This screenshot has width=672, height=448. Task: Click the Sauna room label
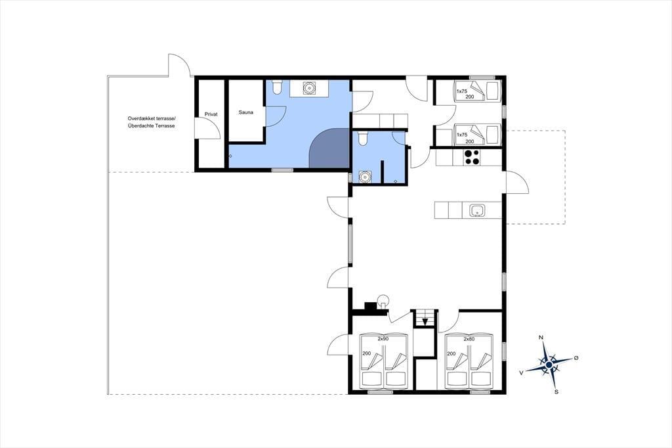coord(246,112)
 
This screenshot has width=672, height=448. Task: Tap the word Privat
coord(211,114)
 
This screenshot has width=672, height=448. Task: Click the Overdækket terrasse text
coord(152,118)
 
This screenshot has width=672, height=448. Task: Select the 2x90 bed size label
coord(383,339)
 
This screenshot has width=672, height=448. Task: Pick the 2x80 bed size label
coord(469,339)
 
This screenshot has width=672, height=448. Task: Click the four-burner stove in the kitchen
coord(471,157)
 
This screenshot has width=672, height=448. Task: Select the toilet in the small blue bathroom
coord(362,138)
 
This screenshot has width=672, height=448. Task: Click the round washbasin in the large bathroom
coord(309,89)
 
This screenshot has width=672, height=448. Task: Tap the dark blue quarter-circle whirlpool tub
coord(329,148)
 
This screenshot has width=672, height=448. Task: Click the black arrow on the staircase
coord(425,322)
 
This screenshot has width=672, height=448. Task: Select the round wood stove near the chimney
coord(383,300)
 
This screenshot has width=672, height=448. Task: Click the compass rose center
coord(549,365)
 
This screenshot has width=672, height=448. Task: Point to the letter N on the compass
coord(541,338)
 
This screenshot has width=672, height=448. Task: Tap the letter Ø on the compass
coord(576,358)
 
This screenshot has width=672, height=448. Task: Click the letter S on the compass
coord(556,392)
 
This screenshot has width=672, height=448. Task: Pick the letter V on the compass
coord(521,373)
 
